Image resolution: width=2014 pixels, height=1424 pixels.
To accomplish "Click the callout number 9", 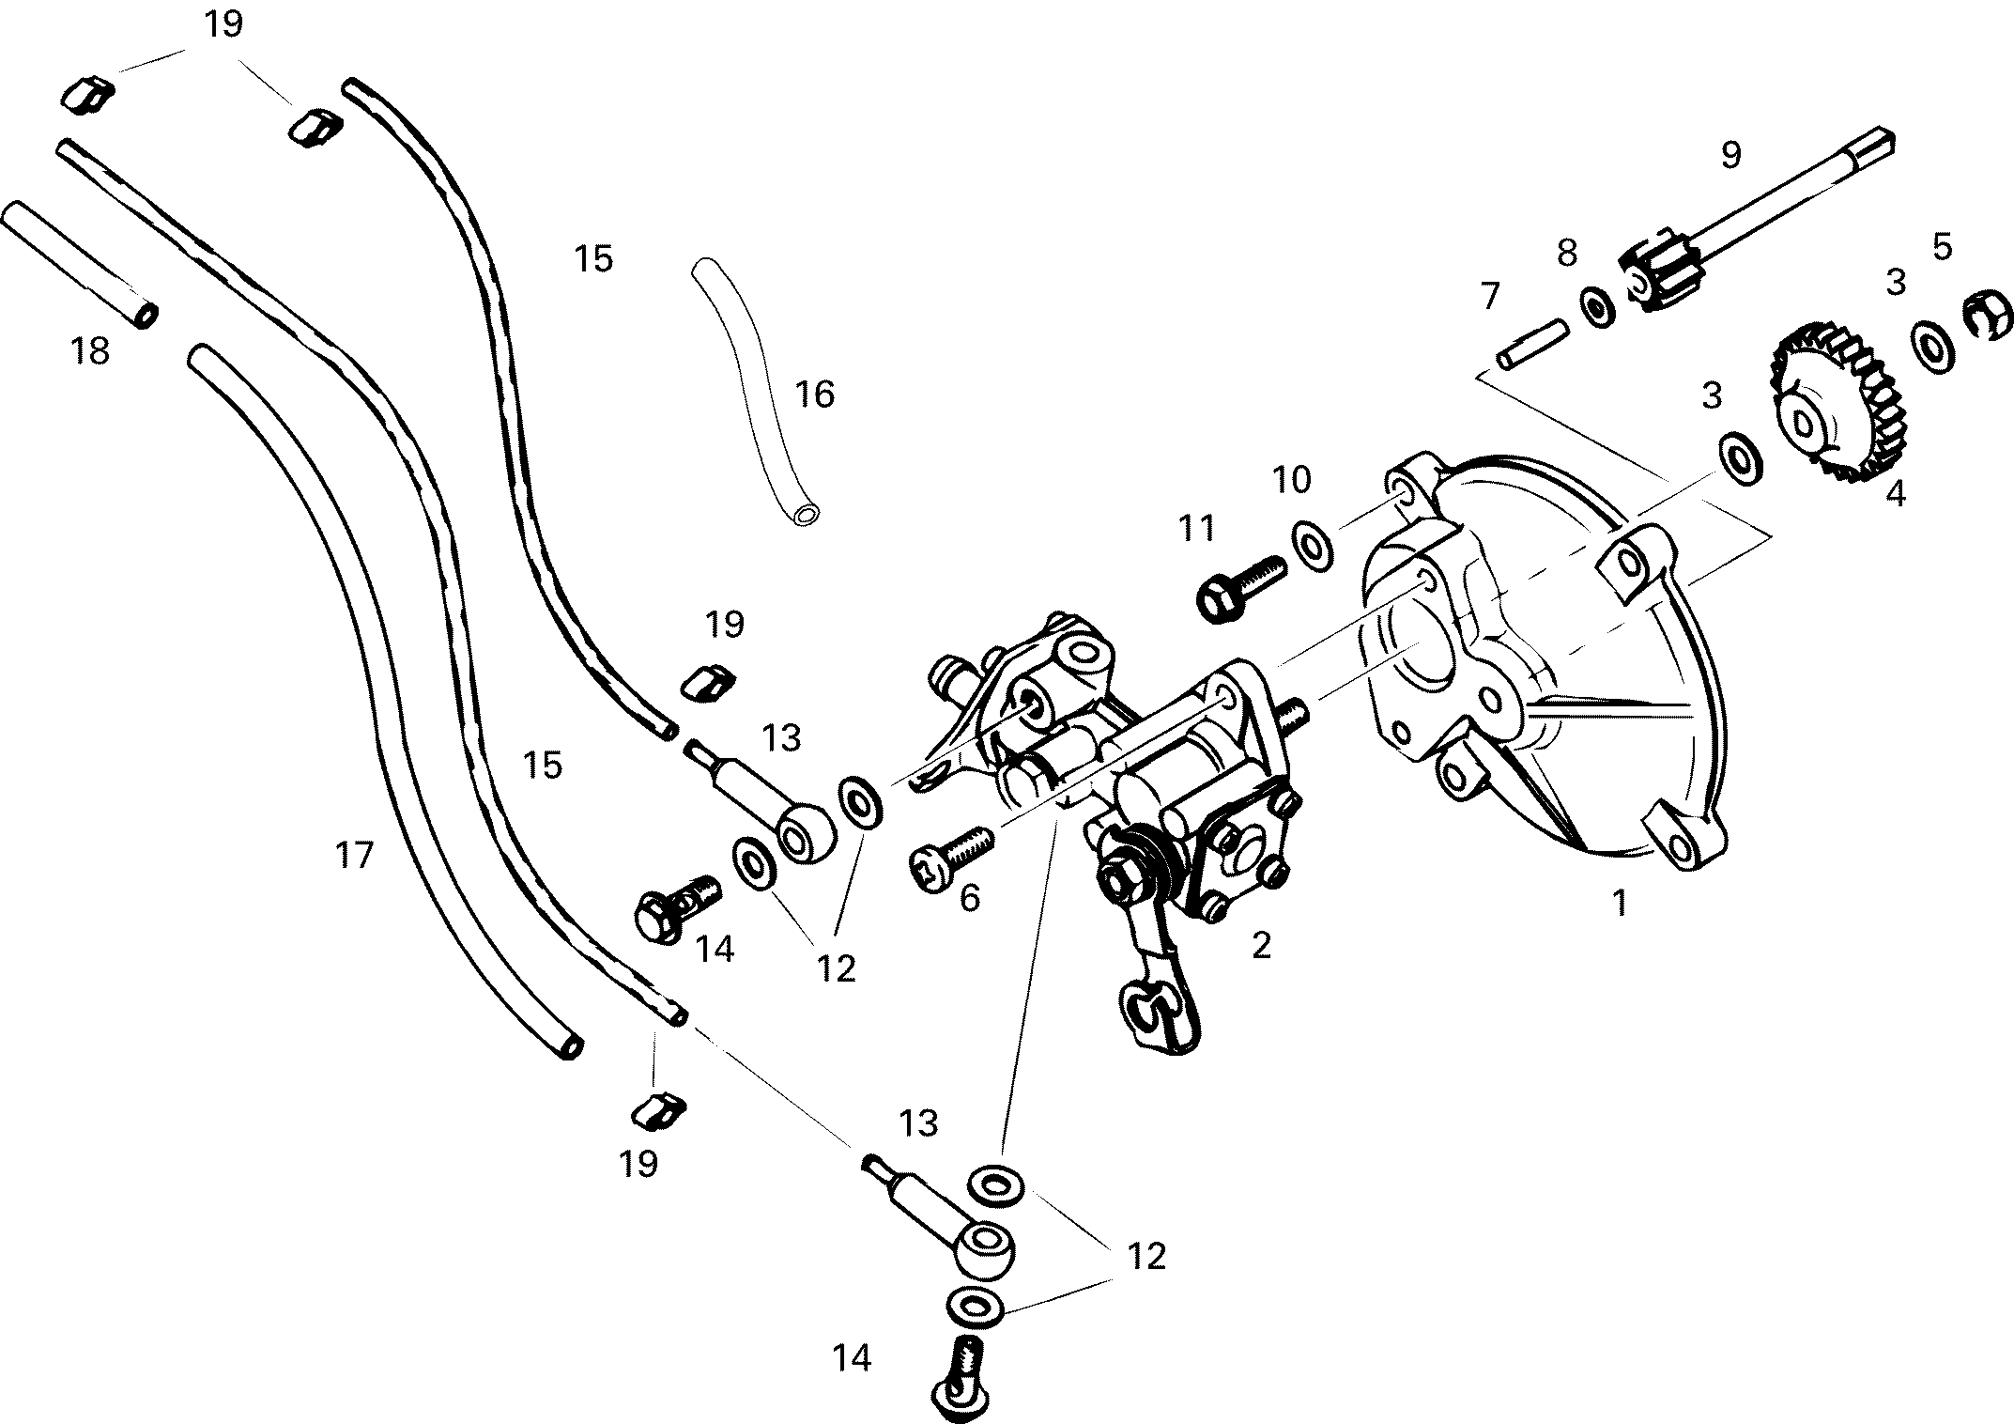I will [1730, 155].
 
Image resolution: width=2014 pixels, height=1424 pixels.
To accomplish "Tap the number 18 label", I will [90, 352].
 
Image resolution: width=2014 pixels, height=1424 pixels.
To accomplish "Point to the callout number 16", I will [815, 395].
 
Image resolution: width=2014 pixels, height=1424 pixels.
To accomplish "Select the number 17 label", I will [354, 856].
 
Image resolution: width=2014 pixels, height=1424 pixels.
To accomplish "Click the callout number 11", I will [1196, 529].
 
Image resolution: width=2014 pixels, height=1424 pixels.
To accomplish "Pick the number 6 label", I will [970, 898].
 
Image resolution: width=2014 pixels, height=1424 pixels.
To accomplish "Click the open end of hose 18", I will [146, 314].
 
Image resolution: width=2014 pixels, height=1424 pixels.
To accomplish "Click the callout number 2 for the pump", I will [1260, 945].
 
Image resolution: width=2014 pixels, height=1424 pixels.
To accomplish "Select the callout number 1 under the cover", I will [1619, 903].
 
